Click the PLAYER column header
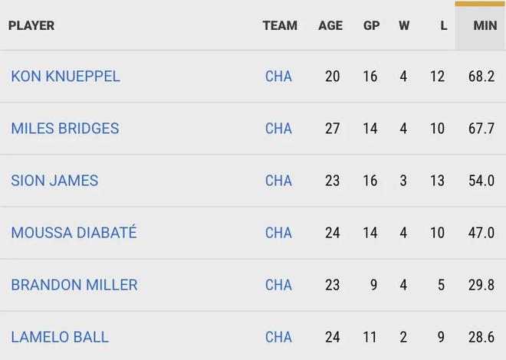pyautogui.click(x=31, y=25)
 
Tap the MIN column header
pyautogui.click(x=485, y=25)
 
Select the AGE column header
pyautogui.click(x=330, y=25)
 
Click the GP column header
pyautogui.click(x=371, y=25)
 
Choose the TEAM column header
pyautogui.click(x=280, y=25)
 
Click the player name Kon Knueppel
pyautogui.click(x=65, y=77)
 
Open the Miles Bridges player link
pyautogui.click(x=65, y=129)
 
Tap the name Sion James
pyautogui.click(x=54, y=181)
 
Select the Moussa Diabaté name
pyautogui.click(x=74, y=233)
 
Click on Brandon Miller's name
pyautogui.click(x=74, y=285)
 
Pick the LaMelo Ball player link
pyautogui.click(x=60, y=337)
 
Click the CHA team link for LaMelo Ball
pyautogui.click(x=278, y=337)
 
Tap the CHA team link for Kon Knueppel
pyautogui.click(x=278, y=77)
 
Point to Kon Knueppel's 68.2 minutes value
pyautogui.click(x=481, y=77)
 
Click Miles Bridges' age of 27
pyautogui.click(x=332, y=129)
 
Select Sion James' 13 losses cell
pyautogui.click(x=437, y=181)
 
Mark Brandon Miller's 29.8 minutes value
pyautogui.click(x=481, y=285)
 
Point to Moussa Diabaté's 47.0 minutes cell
pyautogui.click(x=481, y=233)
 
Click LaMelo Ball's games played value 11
pyautogui.click(x=370, y=337)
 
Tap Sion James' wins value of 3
pyautogui.click(x=403, y=181)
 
